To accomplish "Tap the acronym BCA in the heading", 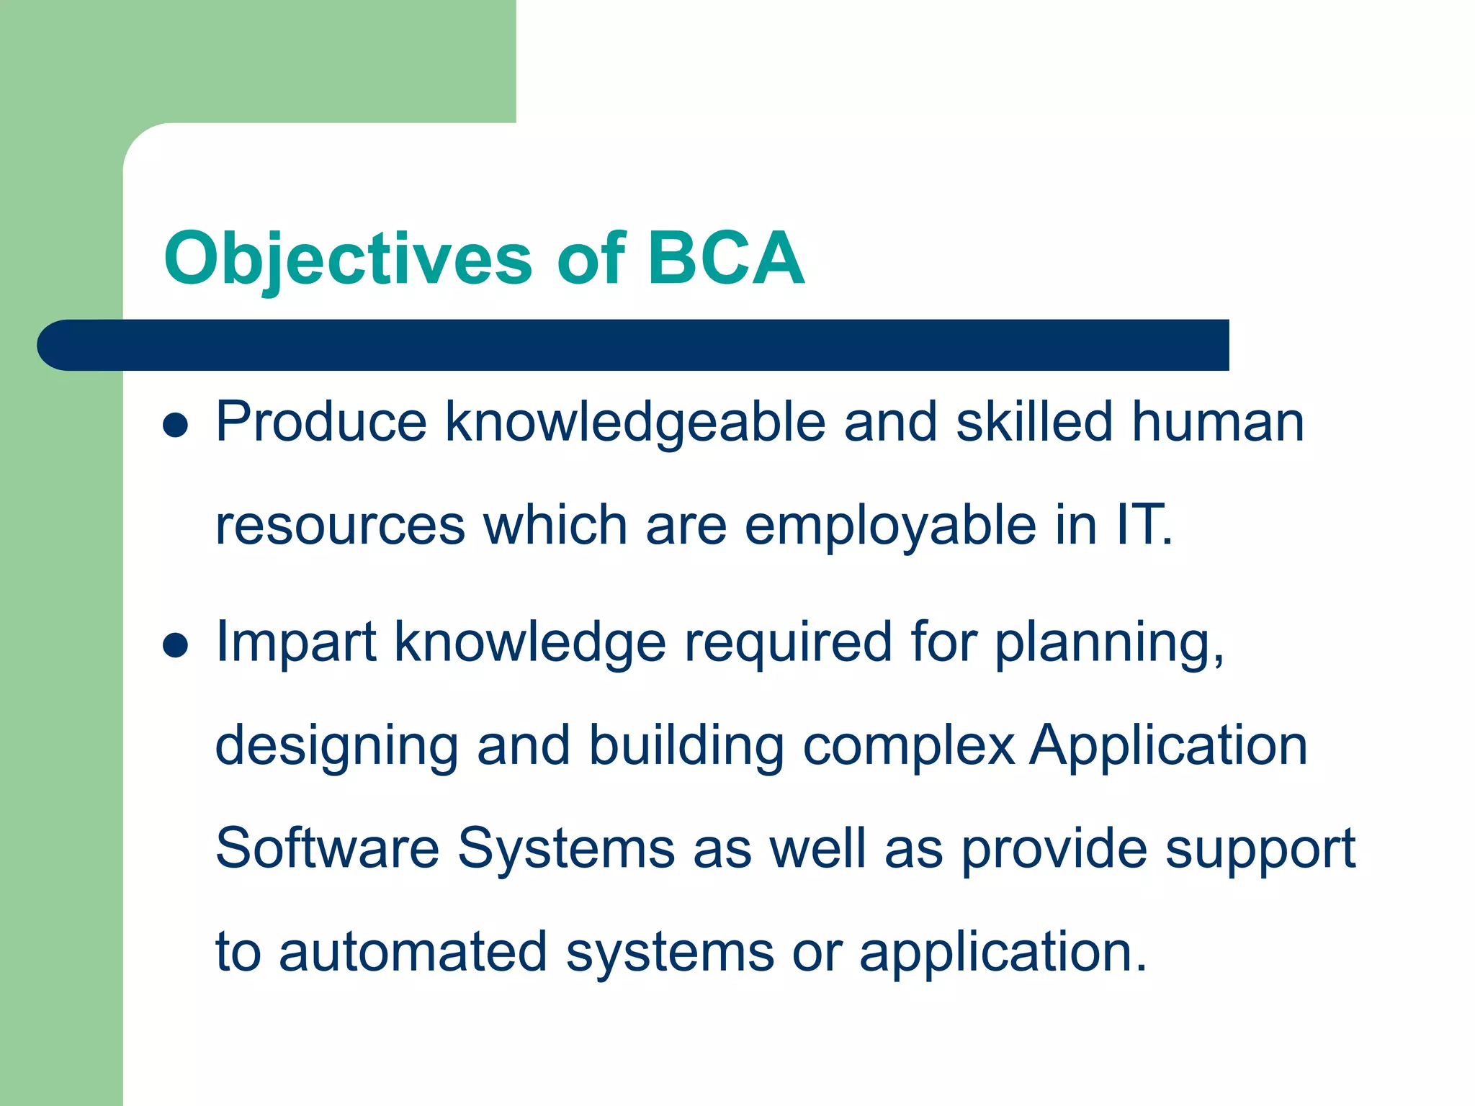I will (x=725, y=258).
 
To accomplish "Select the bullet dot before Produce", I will (x=175, y=425).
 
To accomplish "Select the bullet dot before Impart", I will (x=175, y=645).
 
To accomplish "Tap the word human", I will (x=1217, y=423).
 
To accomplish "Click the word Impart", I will (x=295, y=643).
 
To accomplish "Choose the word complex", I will (x=909, y=746).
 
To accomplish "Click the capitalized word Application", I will (x=1168, y=746).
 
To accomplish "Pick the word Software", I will (x=327, y=848).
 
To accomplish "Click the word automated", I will (x=413, y=952).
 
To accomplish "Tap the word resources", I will (x=340, y=526).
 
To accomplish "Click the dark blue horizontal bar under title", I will (x=634, y=345).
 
